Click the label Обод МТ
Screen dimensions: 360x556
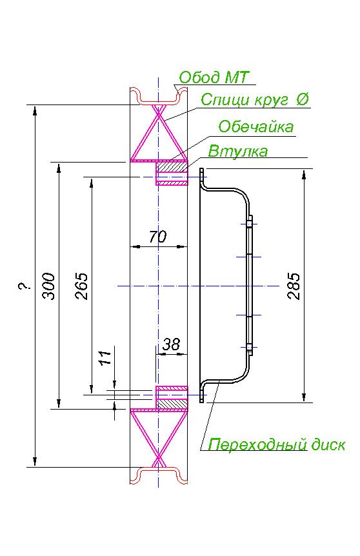214,77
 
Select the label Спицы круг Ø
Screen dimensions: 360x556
255,99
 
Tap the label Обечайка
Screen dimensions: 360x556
255,126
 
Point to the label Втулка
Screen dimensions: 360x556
237,151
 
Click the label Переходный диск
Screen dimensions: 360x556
276,444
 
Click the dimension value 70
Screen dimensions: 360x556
157,237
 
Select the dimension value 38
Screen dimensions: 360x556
171,344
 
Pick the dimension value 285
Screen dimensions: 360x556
294,286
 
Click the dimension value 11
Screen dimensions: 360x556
105,358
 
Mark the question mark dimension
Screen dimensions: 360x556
24,286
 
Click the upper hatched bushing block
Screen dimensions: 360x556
172,166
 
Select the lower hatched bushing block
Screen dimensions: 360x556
172,404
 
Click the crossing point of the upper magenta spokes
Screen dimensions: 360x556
159,112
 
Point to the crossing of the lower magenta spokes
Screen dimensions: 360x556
159,459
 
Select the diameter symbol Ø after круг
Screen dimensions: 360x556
302,99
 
